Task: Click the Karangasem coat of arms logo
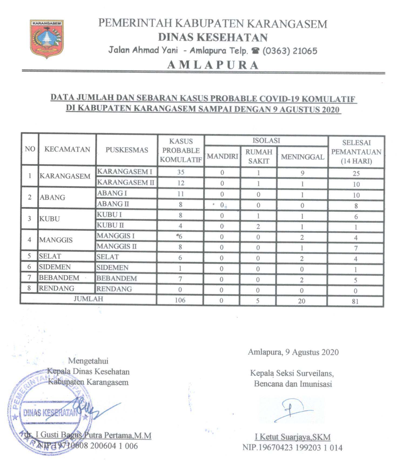tap(46, 38)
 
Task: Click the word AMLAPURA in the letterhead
tap(213, 65)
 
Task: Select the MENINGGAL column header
tap(302, 157)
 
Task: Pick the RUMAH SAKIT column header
tap(258, 156)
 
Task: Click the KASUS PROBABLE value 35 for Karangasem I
tap(180, 172)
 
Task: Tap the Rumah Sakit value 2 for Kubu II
tap(258, 227)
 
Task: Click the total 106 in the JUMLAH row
tap(180, 300)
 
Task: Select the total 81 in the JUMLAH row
tap(355, 301)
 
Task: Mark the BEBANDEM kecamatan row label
tap(59, 278)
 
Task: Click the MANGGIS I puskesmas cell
tap(116, 236)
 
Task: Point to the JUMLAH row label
tap(88, 299)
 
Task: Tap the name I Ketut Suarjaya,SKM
tap(292, 437)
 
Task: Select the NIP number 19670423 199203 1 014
tap(292, 448)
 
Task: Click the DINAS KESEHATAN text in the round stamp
tap(50, 412)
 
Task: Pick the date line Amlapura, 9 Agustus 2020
tap(293, 352)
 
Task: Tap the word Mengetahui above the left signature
tap(88, 361)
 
